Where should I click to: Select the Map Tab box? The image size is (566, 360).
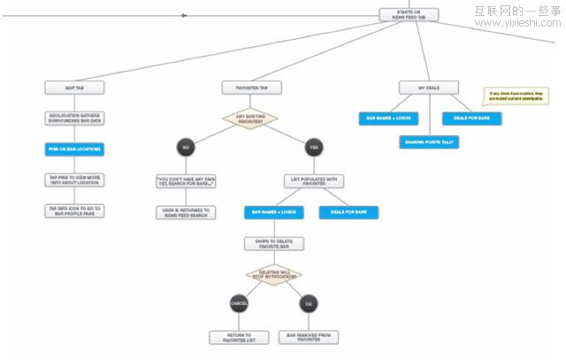[x=75, y=88]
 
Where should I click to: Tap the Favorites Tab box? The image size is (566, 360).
[x=252, y=88]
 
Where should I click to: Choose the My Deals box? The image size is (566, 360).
[x=428, y=88]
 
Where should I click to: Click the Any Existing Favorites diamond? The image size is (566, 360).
[x=250, y=118]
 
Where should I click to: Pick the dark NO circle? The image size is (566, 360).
[x=186, y=147]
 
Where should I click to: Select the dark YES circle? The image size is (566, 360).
[x=313, y=147]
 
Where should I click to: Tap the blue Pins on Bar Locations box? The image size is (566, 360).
[x=75, y=149]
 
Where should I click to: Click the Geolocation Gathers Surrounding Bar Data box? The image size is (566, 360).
[x=75, y=119]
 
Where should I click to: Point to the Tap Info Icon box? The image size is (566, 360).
[x=75, y=211]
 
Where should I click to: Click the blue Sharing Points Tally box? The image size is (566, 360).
[x=428, y=142]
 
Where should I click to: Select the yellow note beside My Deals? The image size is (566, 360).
[x=510, y=96]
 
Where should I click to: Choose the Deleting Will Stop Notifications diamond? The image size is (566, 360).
[x=273, y=275]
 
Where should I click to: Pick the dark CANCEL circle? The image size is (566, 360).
[x=239, y=304]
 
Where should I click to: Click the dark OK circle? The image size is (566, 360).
[x=308, y=304]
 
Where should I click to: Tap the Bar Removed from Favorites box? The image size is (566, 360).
[x=308, y=337]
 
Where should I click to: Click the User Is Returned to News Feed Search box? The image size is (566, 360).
[x=186, y=212]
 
